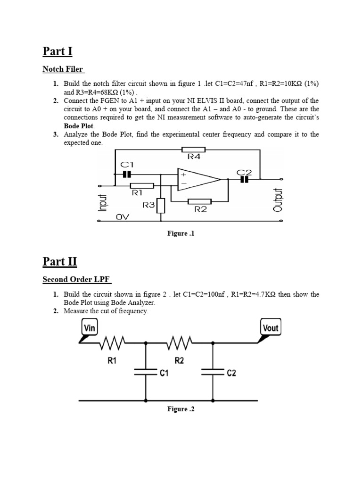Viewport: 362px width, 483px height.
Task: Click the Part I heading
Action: tap(58, 51)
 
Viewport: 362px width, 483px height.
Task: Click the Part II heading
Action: tap(59, 261)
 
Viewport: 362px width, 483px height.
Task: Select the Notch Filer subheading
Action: tap(63, 69)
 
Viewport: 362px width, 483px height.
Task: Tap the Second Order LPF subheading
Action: tap(77, 280)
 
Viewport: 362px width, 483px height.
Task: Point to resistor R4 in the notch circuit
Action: tap(193, 150)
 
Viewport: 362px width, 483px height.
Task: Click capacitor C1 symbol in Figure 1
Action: tap(127, 174)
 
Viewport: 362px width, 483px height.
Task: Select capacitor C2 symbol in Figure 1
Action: tap(244, 179)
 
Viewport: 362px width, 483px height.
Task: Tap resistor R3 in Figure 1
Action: tap(161, 206)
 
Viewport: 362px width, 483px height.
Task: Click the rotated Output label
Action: tap(277, 200)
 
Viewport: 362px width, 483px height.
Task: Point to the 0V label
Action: tap(122, 217)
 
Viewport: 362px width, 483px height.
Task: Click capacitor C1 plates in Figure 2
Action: tap(146, 372)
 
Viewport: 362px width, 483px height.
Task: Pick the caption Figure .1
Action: tap(181, 233)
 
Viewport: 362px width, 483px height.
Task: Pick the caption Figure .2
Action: tap(181, 409)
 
